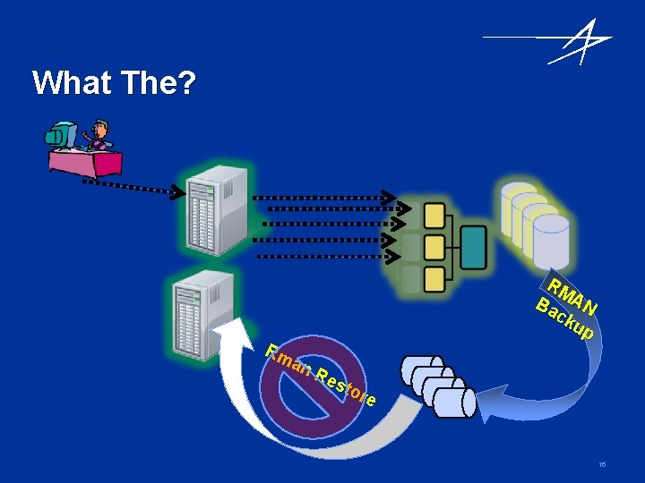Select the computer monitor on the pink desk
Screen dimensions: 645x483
tap(60, 137)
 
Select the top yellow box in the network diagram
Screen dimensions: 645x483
tap(434, 216)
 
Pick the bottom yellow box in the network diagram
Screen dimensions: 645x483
tap(434, 279)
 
